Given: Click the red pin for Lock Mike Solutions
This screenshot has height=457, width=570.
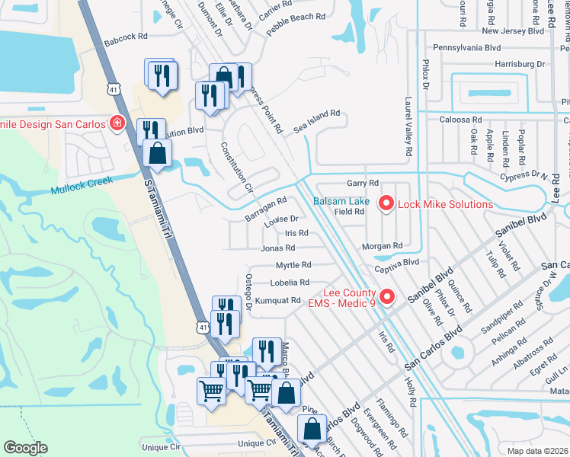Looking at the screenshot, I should tap(386, 203).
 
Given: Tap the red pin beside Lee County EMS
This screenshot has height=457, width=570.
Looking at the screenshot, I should tap(387, 296).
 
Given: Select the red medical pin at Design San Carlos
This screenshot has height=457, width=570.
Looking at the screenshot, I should tap(117, 122).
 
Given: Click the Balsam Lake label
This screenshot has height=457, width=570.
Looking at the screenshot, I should tap(342, 202).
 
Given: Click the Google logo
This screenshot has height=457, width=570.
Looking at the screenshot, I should tap(25, 448).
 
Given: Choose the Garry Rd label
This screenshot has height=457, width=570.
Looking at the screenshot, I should tap(363, 184).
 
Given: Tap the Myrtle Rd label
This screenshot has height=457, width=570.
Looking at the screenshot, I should tap(293, 265).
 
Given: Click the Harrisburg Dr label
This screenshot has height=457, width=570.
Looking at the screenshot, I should tap(520, 65).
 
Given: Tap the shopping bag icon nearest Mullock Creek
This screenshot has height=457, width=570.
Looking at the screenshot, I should tap(156, 153).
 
